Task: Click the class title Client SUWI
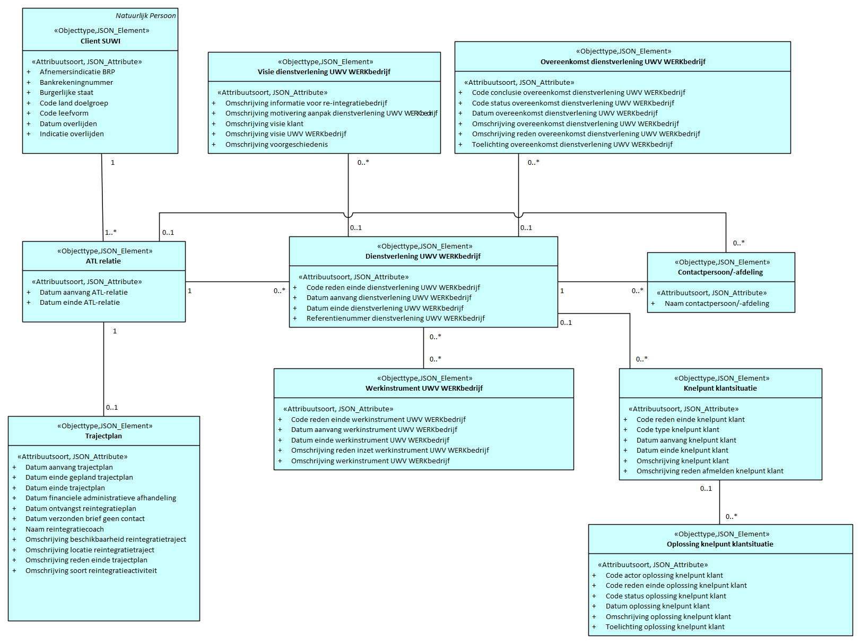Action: point(100,41)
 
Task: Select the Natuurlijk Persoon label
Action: point(145,15)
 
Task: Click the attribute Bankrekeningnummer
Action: point(76,82)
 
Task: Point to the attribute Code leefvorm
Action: point(64,113)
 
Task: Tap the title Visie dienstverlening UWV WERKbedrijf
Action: point(324,72)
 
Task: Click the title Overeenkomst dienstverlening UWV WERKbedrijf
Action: point(622,61)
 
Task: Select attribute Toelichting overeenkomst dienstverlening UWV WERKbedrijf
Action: point(572,144)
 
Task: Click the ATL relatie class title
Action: point(103,261)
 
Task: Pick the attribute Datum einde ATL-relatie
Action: point(80,302)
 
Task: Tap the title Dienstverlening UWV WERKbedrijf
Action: point(423,256)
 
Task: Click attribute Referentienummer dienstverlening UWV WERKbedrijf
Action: point(395,318)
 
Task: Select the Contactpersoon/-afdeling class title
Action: point(720,272)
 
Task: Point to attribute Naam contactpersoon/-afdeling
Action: point(716,303)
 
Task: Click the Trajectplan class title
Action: point(103,436)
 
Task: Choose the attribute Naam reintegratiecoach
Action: point(64,529)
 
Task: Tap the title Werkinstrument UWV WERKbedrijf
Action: point(424,388)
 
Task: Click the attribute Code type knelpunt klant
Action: point(677,429)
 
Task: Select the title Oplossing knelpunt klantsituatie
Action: point(719,544)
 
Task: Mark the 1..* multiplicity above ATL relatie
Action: point(110,232)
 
